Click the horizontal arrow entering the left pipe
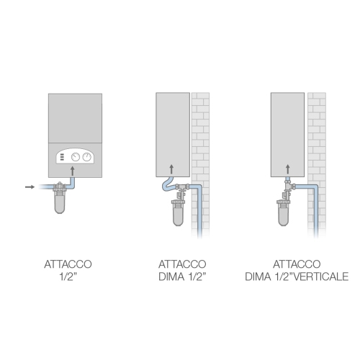tap(29, 187)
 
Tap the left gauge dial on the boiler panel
tap(76, 157)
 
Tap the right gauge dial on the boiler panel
tap(87, 157)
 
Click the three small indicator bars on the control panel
tap(63, 157)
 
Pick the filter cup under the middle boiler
tap(177, 214)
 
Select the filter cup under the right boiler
tap(287, 215)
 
